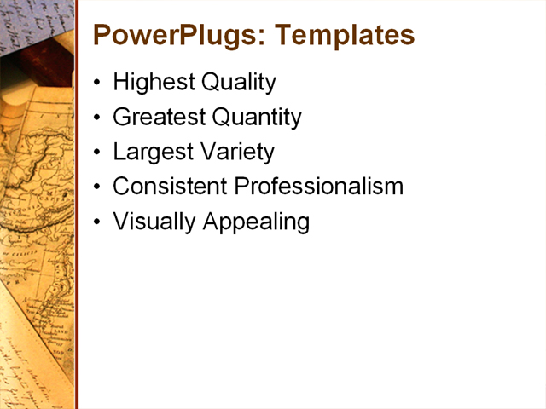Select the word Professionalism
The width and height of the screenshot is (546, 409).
point(319,187)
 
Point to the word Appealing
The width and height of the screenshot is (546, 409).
point(255,222)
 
